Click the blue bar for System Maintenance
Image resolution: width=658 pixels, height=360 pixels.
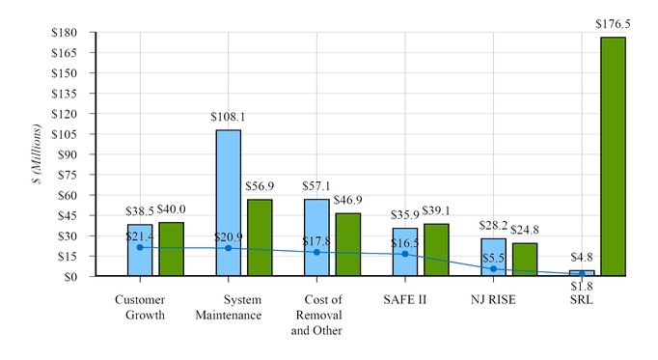point(228,203)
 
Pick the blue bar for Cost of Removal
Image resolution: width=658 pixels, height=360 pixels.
point(316,237)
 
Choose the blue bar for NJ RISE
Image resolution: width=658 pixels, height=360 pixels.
point(493,257)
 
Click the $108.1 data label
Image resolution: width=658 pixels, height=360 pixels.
point(228,117)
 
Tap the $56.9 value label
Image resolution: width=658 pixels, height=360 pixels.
point(260,186)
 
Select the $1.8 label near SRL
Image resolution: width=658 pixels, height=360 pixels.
point(581,287)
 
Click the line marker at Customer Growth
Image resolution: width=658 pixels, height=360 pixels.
point(140,247)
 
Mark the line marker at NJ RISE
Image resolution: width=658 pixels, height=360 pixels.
point(493,268)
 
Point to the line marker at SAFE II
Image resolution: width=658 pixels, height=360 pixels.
point(404,254)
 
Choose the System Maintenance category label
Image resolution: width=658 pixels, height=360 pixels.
point(228,308)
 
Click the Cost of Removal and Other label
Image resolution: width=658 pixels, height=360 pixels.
point(316,315)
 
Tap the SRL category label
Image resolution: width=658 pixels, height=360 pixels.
point(581,300)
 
